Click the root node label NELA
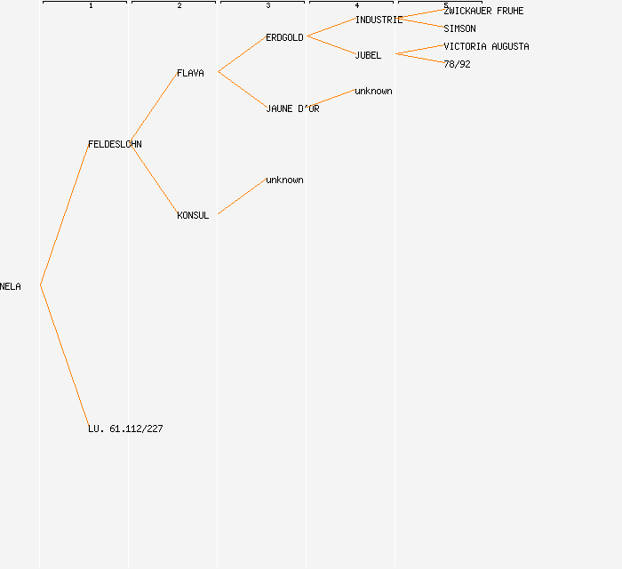pos(11,286)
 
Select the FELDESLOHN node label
pos(115,144)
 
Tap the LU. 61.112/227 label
pos(125,429)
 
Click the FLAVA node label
pos(190,73)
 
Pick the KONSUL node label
pos(193,215)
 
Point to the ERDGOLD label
pos(284,37)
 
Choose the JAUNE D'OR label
pos(292,108)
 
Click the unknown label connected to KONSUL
pos(284,180)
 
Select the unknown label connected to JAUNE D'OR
pos(373,91)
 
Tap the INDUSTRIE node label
pos(379,20)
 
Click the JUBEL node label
pos(368,55)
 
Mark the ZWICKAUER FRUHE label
pos(483,11)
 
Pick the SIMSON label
pos(459,28)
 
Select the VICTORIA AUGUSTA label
pos(486,46)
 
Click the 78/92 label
pos(457,64)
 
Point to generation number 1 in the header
pos(91,6)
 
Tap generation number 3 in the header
pos(268,6)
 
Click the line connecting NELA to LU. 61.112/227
pos(64,356)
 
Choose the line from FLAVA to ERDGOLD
pos(242,54)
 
